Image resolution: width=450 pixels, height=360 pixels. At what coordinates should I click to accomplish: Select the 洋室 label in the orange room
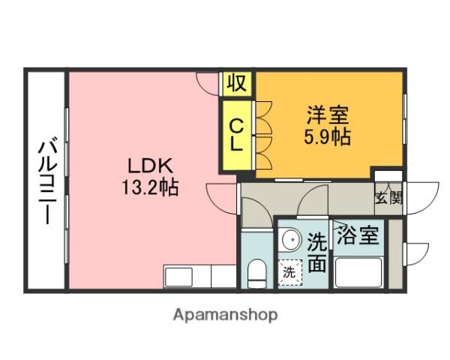(326, 116)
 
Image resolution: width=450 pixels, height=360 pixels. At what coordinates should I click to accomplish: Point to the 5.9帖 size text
(327, 137)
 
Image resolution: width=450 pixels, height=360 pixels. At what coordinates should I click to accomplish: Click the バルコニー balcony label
(46, 180)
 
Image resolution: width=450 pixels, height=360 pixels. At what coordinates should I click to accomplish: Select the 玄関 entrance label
(388, 198)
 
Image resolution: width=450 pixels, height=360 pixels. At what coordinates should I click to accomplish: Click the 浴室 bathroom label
(356, 236)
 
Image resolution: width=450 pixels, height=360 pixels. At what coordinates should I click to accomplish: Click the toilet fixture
(256, 272)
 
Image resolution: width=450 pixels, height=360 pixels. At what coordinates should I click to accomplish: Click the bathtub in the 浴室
(358, 271)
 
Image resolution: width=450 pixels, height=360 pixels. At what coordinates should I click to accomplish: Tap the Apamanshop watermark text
(225, 315)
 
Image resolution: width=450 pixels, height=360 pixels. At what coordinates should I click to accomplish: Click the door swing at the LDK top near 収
(208, 82)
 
